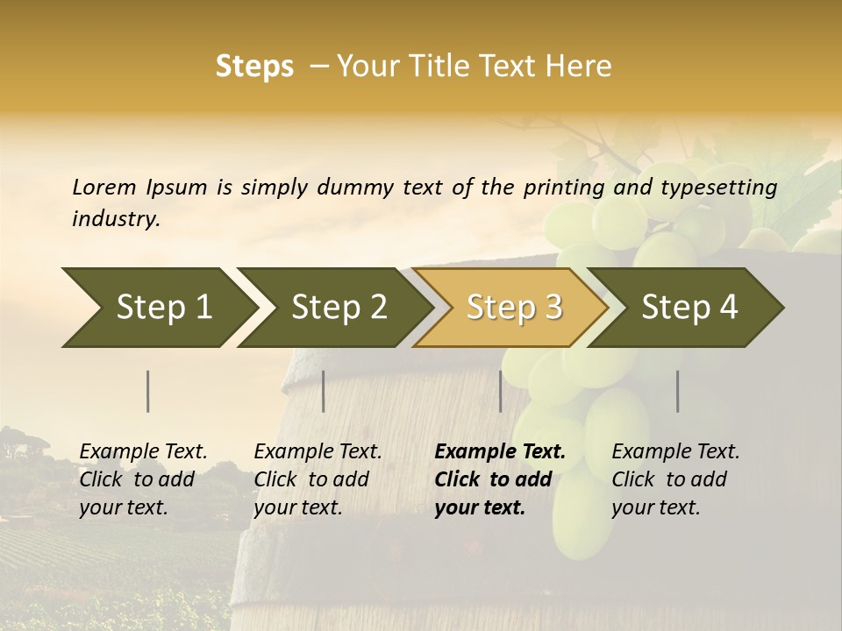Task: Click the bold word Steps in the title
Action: coord(254,67)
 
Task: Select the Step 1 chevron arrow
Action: coord(158,307)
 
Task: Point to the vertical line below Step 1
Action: coord(148,391)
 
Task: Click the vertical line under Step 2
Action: coord(324,391)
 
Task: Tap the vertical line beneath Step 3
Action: coord(500,391)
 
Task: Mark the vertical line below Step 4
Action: coord(678,391)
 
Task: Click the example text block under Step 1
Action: coord(143,479)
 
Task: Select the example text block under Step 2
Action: coord(318,479)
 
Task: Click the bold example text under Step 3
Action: coord(500,479)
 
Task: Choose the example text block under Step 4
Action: coord(675,479)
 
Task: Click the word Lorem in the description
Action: coord(103,187)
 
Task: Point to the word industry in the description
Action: coord(115,219)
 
